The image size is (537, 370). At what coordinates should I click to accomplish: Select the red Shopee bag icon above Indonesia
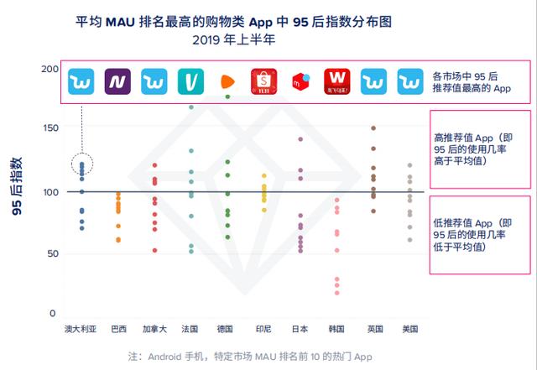pos(263,81)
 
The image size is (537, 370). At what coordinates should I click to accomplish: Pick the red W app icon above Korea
pos(337,81)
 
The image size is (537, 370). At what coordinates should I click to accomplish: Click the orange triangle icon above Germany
pos(227,81)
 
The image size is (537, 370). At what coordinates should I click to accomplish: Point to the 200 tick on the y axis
pos(50,69)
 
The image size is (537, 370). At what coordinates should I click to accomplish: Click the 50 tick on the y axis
pos(52,253)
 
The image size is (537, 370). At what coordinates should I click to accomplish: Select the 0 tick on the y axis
pos(55,314)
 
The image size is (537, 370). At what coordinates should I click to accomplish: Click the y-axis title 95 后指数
pos(18,189)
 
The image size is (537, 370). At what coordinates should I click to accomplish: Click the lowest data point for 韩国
pos(337,292)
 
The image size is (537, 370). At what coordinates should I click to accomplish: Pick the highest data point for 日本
pos(300,139)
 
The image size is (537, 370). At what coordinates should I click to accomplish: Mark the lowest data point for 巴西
pos(118,240)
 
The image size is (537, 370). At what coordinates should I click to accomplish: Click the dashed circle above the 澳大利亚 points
pos(82,165)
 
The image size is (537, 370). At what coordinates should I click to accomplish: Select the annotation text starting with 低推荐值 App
pos(470,235)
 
